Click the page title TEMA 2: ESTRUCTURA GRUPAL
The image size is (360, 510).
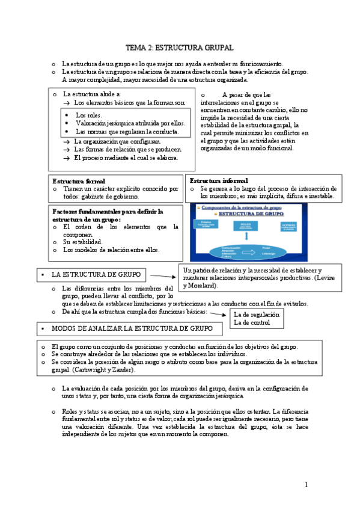pyautogui.click(x=179, y=48)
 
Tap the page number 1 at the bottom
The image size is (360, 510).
pyautogui.click(x=306, y=484)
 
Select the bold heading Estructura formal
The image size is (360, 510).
pyautogui.click(x=79, y=181)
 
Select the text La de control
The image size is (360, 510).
pyautogui.click(x=251, y=322)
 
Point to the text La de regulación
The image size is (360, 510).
pyautogui.click(x=257, y=314)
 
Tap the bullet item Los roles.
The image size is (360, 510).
pyautogui.click(x=89, y=115)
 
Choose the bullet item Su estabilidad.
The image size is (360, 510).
pyautogui.click(x=83, y=242)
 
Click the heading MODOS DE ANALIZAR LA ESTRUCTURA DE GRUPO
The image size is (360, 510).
pyautogui.click(x=132, y=329)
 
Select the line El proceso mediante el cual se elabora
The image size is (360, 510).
pyautogui.click(x=126, y=158)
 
